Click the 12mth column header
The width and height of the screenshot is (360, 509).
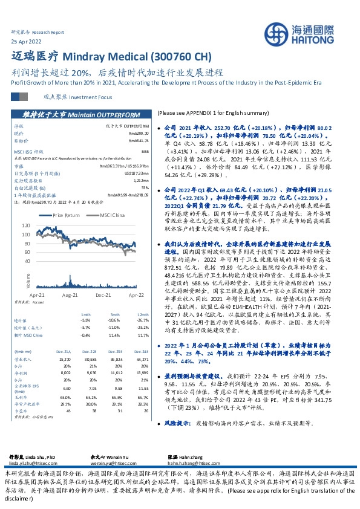143,315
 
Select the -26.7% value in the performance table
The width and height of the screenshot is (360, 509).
143,320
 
